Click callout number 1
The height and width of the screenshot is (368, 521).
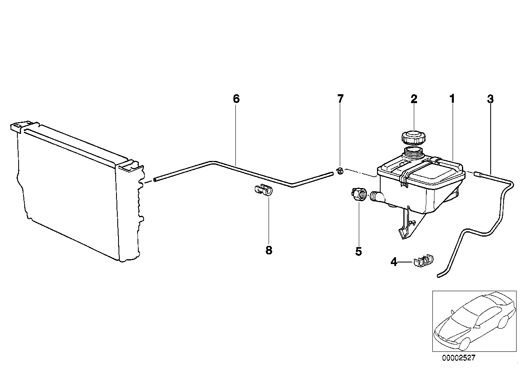(x=452, y=99)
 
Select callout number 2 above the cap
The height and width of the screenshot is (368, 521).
(x=414, y=99)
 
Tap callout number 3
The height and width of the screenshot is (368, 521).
(x=490, y=99)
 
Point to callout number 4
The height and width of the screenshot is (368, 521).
(x=394, y=262)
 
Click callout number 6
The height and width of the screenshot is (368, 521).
(x=236, y=99)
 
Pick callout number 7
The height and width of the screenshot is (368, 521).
(x=340, y=99)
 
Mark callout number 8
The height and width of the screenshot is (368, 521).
(x=269, y=251)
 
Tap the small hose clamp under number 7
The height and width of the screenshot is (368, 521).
(x=340, y=171)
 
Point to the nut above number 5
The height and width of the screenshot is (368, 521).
(x=359, y=194)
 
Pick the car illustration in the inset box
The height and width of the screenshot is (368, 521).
(x=474, y=324)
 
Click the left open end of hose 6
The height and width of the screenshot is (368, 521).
(x=155, y=180)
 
